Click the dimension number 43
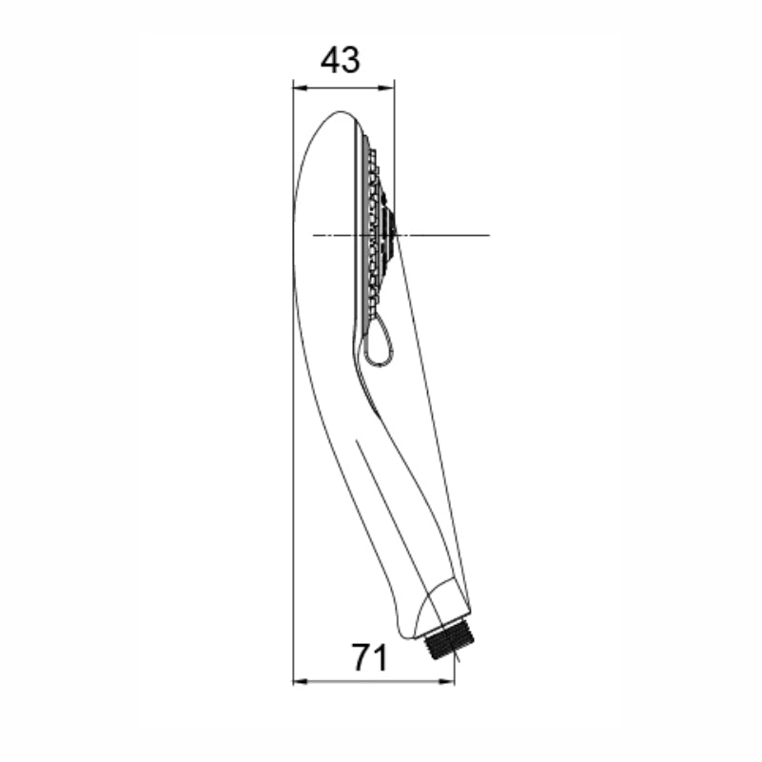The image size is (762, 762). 341,61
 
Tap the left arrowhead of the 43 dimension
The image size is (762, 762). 298,88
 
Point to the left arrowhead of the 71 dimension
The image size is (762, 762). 298,681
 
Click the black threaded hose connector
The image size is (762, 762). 443,642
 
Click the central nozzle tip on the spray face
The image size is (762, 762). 393,228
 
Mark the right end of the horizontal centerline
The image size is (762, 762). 489,234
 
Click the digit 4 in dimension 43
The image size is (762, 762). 330,61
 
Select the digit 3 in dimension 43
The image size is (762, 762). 351,61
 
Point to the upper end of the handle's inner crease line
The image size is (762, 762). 358,440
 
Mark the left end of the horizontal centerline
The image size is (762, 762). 313,234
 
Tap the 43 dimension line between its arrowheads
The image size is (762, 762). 343,88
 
